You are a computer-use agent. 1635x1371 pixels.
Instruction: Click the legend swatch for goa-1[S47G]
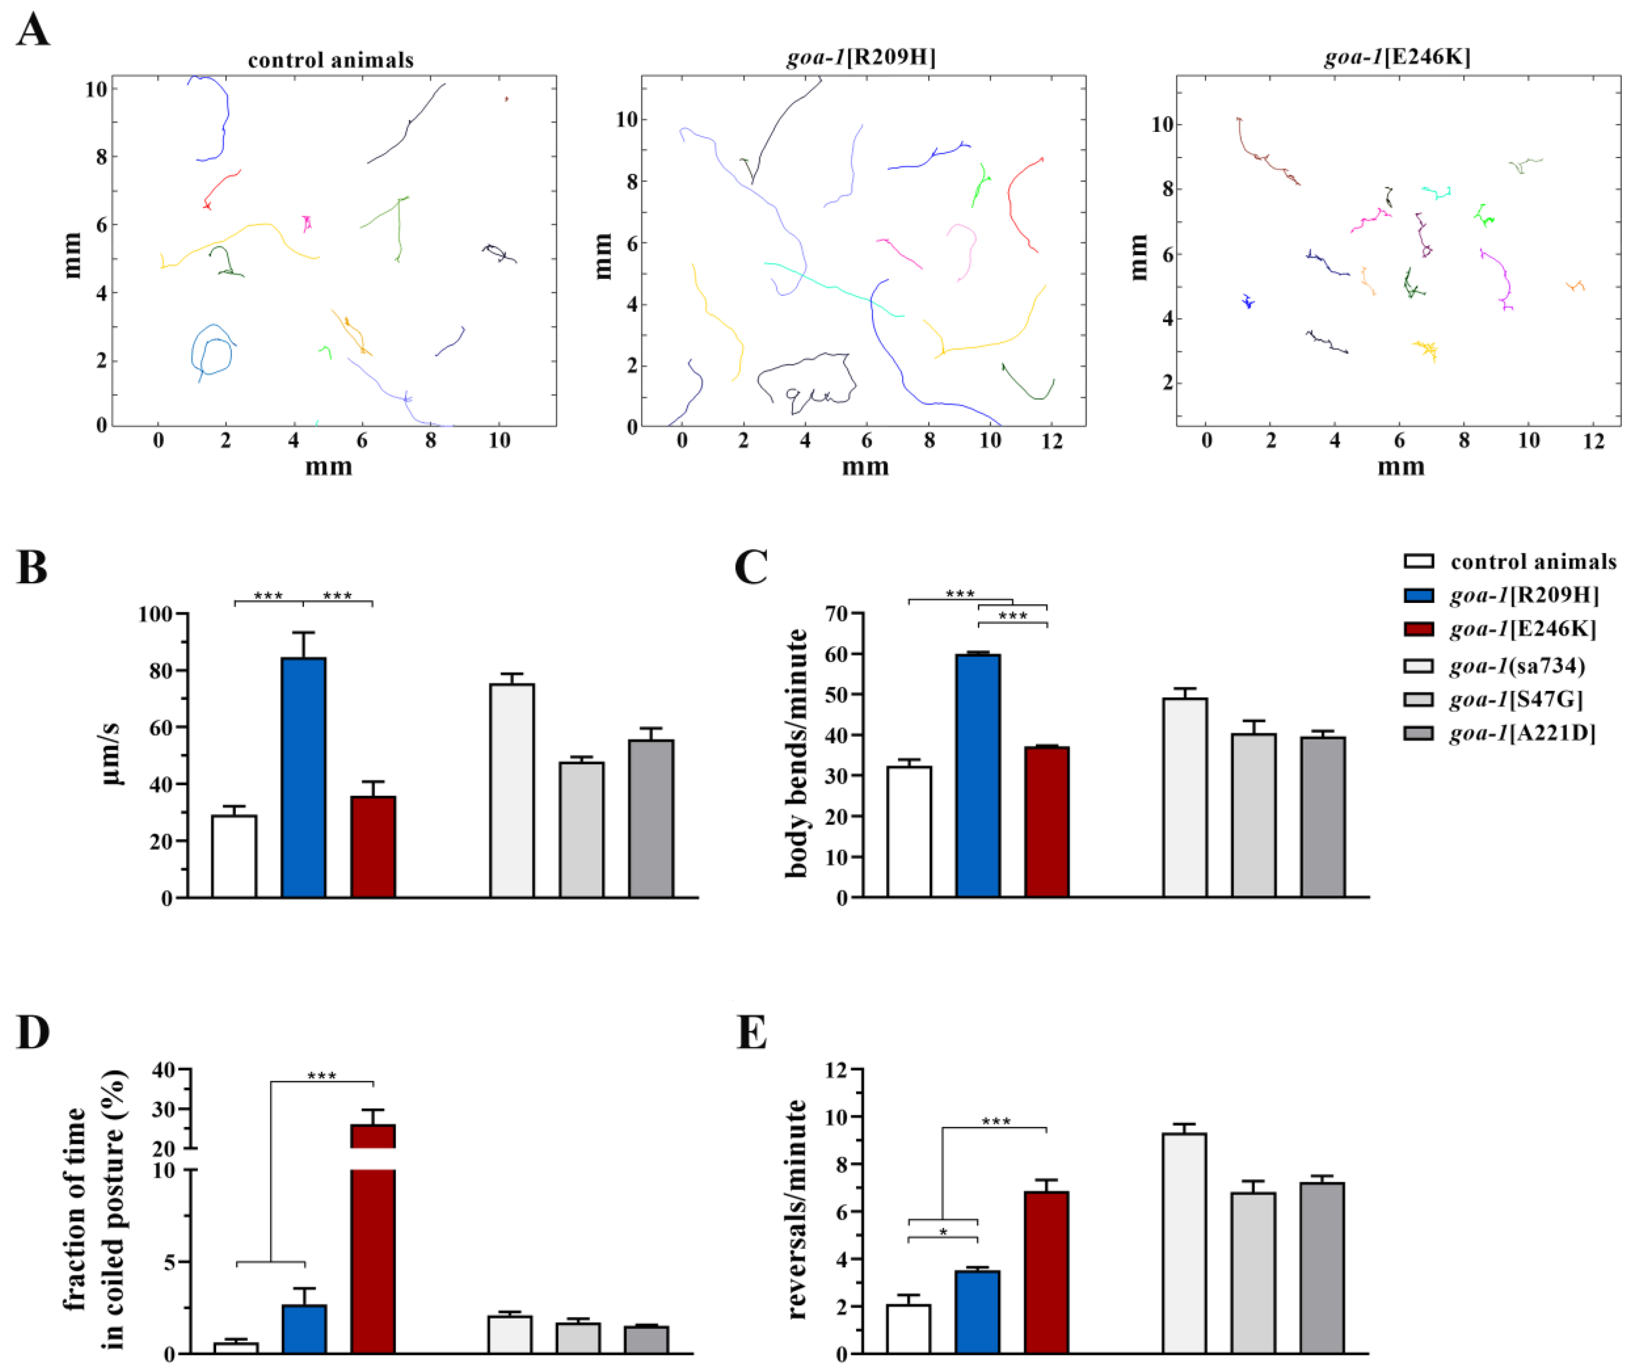pyautogui.click(x=1418, y=699)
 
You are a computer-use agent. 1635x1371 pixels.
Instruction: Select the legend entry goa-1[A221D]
pyautogui.click(x=1522, y=734)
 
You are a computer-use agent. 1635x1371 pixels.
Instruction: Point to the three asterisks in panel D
pyautogui.click(x=321, y=1077)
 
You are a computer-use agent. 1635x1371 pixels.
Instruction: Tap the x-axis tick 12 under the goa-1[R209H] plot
pyautogui.click(x=1052, y=441)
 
